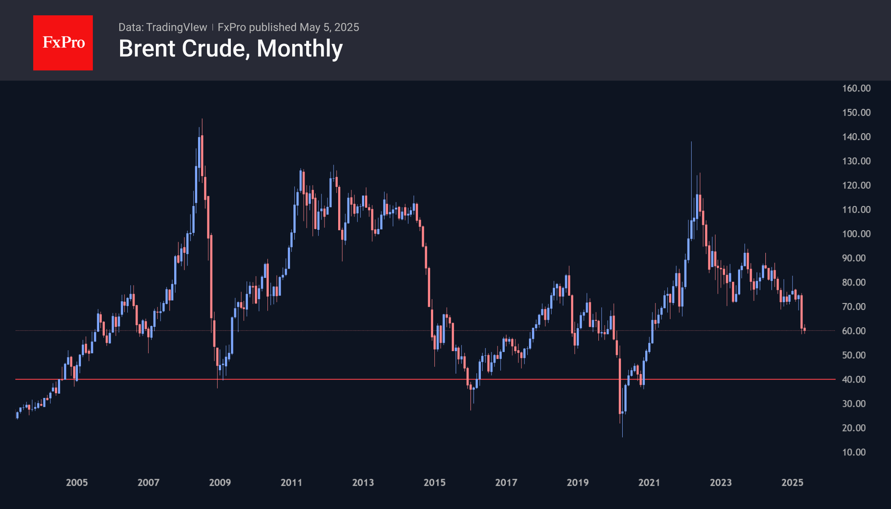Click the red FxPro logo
click(63, 43)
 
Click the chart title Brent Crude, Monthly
click(230, 49)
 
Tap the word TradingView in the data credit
click(176, 27)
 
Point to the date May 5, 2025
click(329, 27)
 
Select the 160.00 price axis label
click(856, 88)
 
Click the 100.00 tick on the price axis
click(856, 234)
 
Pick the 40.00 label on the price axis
click(856, 379)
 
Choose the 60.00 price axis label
click(856, 331)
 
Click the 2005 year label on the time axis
click(77, 482)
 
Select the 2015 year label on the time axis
click(434, 482)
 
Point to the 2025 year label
click(792, 482)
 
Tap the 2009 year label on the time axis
click(220, 482)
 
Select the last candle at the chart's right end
click(804, 329)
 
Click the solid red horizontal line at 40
click(341, 379)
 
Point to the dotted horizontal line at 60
click(341, 331)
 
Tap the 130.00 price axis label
click(856, 161)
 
